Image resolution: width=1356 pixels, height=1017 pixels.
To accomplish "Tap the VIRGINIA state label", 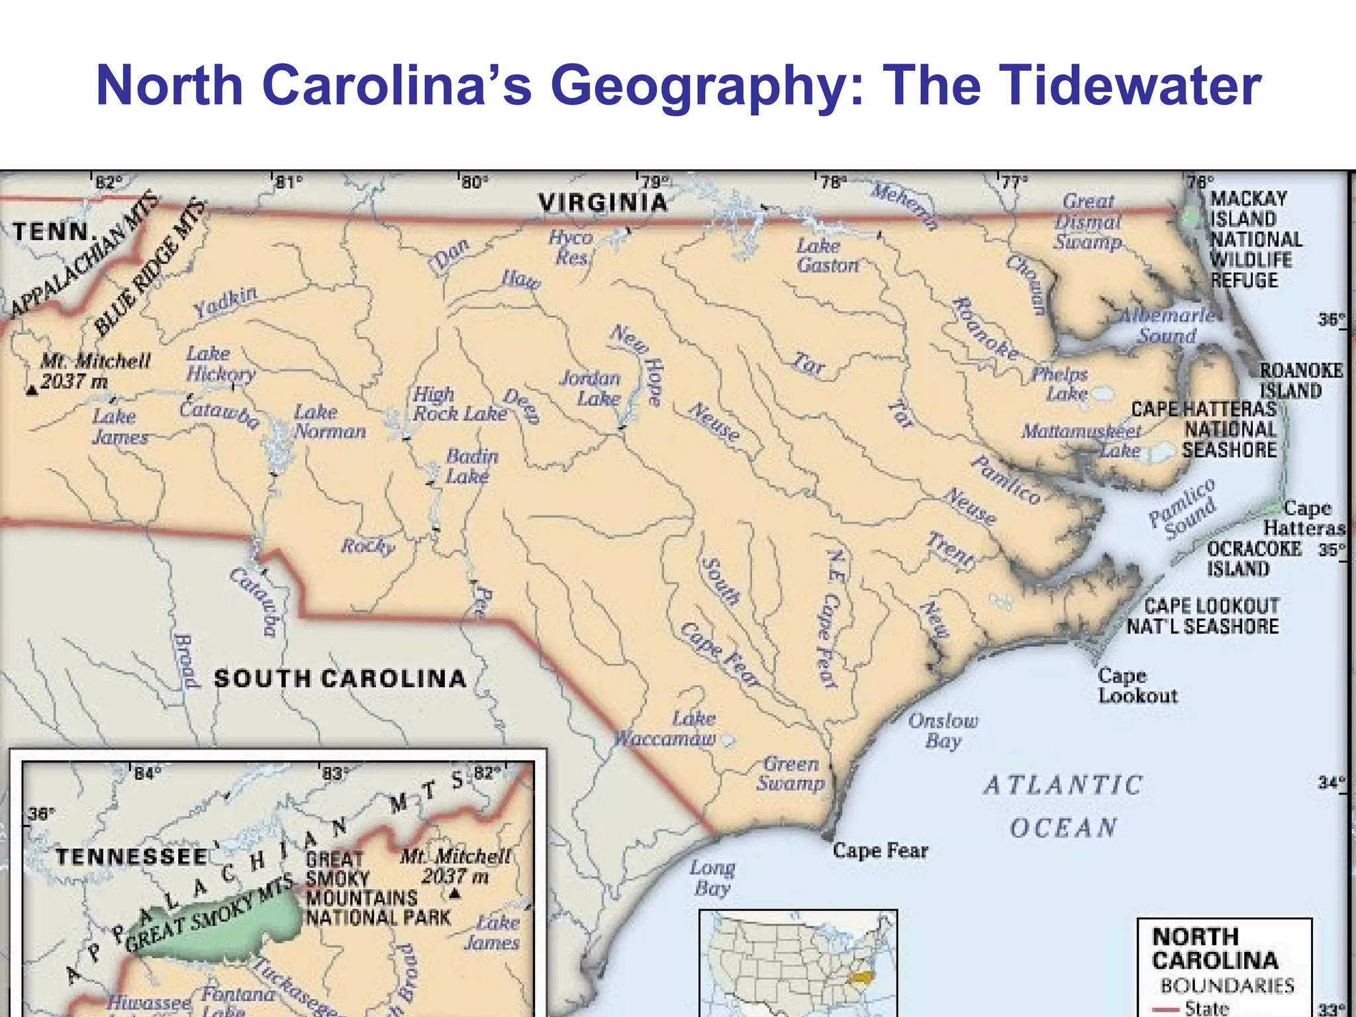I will pyautogui.click(x=603, y=203).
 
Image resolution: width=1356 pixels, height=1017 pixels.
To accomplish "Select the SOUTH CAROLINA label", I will pyautogui.click(x=340, y=679).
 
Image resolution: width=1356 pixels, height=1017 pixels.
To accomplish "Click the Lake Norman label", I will pyautogui.click(x=329, y=422).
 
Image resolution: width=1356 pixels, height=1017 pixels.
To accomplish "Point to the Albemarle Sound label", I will pyautogui.click(x=1167, y=325).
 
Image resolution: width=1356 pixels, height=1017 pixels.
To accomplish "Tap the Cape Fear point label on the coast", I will pyautogui.click(x=880, y=850).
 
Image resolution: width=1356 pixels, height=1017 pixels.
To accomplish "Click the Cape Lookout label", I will pyautogui.click(x=1137, y=686).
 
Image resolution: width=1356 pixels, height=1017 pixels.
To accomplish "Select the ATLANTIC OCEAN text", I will pyautogui.click(x=1063, y=806).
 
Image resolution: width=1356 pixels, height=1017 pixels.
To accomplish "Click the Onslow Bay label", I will pyautogui.click(x=943, y=730).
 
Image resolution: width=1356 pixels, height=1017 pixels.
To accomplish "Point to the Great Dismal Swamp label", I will pyautogui.click(x=1088, y=221).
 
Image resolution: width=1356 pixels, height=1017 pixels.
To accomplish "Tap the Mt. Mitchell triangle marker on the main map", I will pyautogui.click(x=31, y=391).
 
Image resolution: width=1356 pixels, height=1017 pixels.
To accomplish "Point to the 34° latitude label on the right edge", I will pyautogui.click(x=1331, y=783).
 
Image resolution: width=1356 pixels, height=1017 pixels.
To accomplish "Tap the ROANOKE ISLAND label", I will pyautogui.click(x=1300, y=381).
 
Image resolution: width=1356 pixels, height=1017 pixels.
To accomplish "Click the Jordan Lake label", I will pyautogui.click(x=591, y=389).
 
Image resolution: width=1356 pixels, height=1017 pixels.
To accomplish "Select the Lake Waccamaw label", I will pyautogui.click(x=666, y=729).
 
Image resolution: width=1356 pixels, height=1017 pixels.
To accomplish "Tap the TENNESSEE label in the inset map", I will pyautogui.click(x=132, y=857).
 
